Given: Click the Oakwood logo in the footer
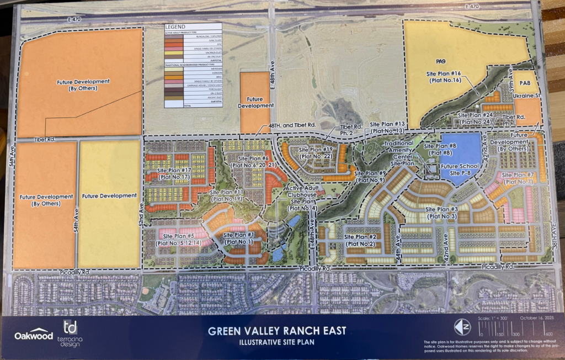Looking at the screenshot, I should tap(34, 334).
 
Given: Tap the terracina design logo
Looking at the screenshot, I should tap(70, 333).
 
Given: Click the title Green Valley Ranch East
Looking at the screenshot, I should tap(277, 331).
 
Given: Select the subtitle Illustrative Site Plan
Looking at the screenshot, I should tap(277, 342).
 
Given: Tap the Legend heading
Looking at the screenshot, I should tap(175, 27).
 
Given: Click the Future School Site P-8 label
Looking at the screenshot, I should tap(460, 169).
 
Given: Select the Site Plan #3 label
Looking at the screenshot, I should tap(442, 213).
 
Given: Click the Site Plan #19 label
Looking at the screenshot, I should tap(315, 153).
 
